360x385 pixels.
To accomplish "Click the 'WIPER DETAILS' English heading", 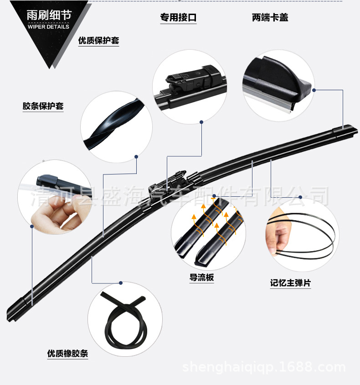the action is tap(48, 27).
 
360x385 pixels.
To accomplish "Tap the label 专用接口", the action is tap(178, 17).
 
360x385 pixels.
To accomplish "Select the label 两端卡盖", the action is tap(270, 17).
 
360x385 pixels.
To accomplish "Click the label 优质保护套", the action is tap(99, 40).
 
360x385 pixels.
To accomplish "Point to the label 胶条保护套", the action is tap(43, 106).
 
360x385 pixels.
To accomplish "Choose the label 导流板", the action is tap(201, 277).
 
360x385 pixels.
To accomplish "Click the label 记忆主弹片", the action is tap(290, 282).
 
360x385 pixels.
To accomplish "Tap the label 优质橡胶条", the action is tap(67, 353).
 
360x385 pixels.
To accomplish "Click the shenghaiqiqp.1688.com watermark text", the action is tap(264, 367).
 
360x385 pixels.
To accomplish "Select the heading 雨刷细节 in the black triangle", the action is tap(49, 15).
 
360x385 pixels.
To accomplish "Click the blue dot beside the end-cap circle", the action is tap(314, 90).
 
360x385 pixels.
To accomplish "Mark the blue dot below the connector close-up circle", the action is tap(201, 122).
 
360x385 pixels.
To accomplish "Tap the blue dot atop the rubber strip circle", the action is tap(121, 283).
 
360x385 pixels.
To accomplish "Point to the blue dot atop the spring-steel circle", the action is tap(300, 197).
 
